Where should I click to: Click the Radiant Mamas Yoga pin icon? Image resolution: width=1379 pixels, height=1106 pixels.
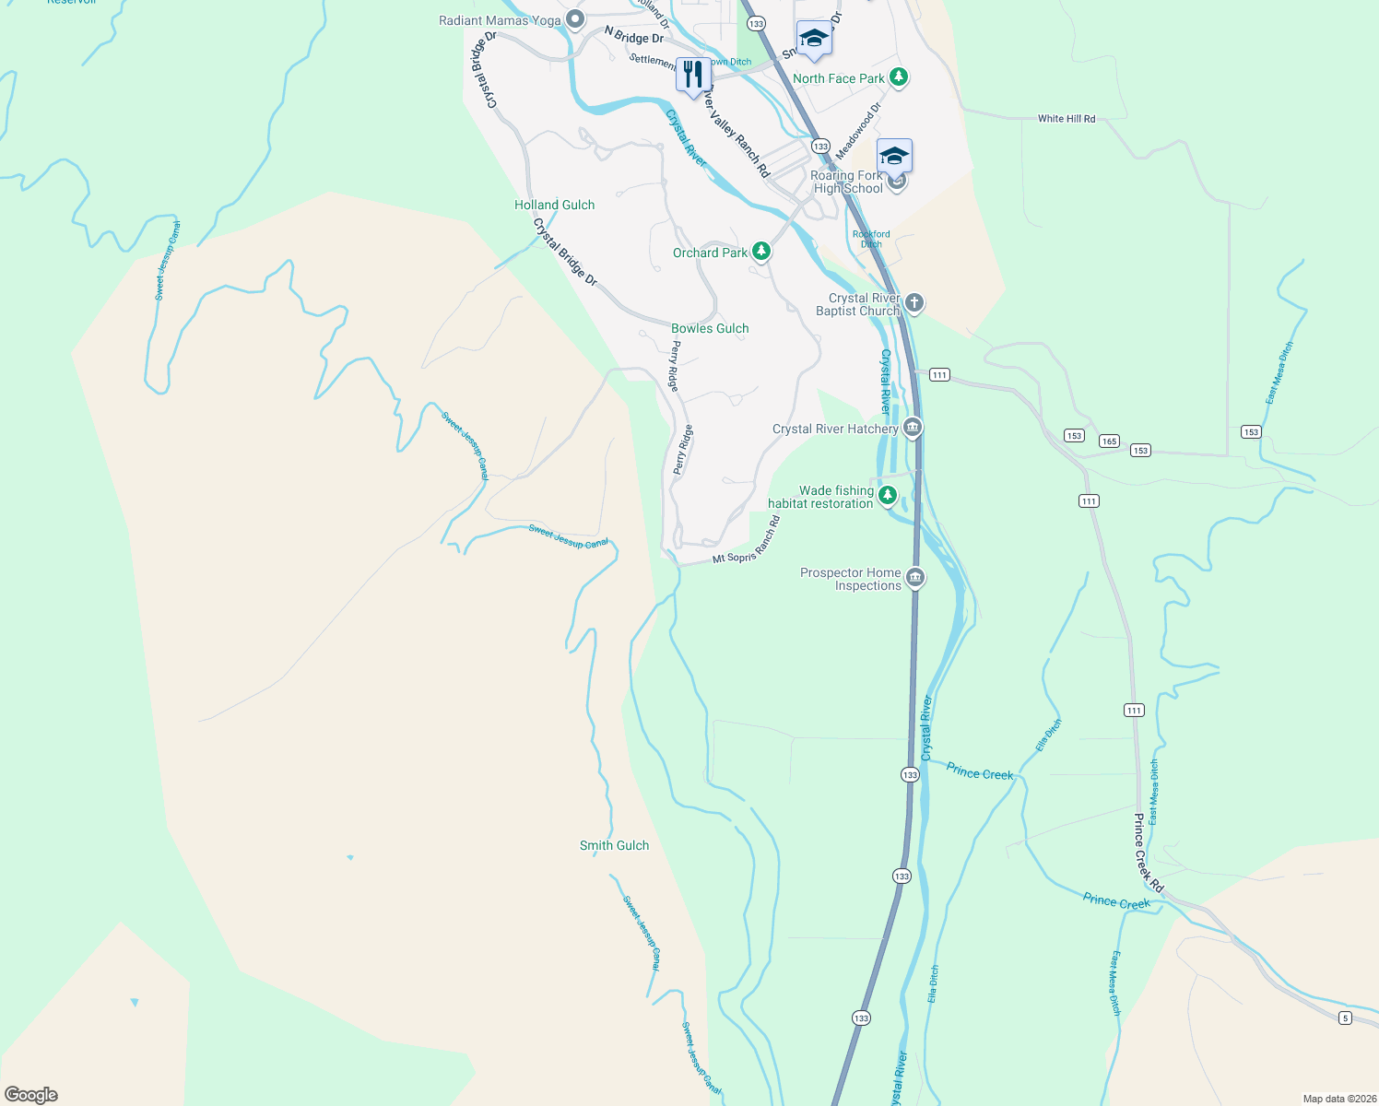click(x=575, y=19)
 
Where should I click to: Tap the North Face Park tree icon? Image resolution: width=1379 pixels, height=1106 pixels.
click(x=899, y=78)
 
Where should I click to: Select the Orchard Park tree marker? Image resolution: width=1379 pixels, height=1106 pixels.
click(x=760, y=251)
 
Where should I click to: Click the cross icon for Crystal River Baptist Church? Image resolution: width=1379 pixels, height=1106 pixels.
click(x=913, y=303)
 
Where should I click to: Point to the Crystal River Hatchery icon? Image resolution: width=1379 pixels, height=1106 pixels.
click(x=912, y=428)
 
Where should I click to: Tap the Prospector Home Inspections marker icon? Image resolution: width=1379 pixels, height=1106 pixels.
click(x=914, y=578)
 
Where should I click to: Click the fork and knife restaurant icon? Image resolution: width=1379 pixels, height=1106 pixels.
click(x=693, y=75)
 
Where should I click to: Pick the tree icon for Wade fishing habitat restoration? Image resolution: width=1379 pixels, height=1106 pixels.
click(x=887, y=496)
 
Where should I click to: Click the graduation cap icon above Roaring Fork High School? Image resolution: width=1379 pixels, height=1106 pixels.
click(x=894, y=155)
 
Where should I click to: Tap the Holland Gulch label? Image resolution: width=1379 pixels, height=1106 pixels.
click(x=554, y=205)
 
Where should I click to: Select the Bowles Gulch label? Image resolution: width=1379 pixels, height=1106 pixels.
click(x=710, y=328)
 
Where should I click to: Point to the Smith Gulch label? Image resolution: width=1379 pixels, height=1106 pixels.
click(x=614, y=845)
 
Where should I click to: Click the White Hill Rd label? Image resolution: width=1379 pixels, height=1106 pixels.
click(x=1067, y=119)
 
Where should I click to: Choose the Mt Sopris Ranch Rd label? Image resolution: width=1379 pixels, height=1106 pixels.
click(x=748, y=541)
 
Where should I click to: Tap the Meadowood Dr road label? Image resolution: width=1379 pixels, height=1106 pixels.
click(x=858, y=130)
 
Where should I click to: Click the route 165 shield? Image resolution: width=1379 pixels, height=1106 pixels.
click(x=1109, y=441)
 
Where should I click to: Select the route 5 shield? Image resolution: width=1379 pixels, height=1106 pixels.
click(x=1346, y=1018)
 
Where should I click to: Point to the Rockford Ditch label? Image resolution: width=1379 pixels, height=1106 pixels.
click(x=871, y=239)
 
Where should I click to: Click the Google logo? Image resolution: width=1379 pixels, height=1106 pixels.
click(x=31, y=1095)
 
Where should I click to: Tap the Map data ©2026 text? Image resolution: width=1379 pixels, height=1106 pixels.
click(x=1337, y=1099)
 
